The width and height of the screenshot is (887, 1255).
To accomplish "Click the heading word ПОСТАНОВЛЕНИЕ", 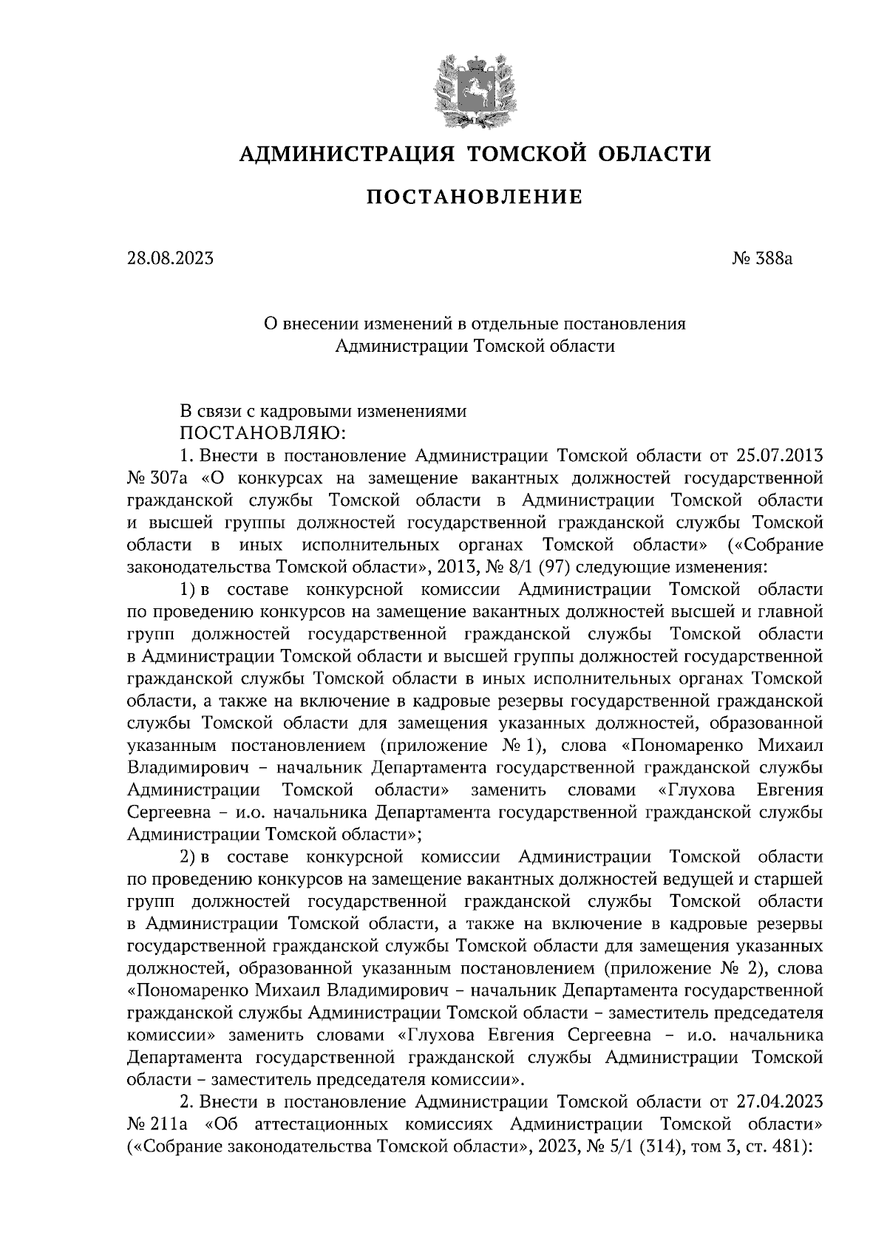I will point(475,197).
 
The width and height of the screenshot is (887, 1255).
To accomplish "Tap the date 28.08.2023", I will point(171,259).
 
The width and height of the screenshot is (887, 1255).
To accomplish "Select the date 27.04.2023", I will point(780,1101).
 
